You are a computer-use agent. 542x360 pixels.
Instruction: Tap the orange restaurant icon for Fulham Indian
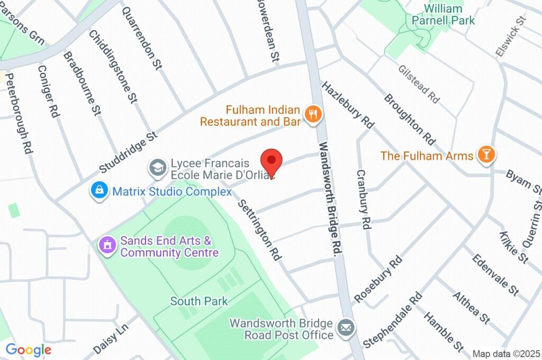pos(313,114)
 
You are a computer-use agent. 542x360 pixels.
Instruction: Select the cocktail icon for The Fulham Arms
pos(485,155)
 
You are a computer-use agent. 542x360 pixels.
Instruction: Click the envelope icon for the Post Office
pos(346,328)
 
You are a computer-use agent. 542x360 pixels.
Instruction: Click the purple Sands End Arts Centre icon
pos(108,246)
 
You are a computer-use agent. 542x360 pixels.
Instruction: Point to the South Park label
pos(199,301)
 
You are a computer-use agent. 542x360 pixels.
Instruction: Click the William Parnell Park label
pos(444,14)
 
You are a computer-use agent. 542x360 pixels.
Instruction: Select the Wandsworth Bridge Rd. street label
pos(329,199)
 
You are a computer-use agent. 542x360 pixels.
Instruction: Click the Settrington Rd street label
pos(259,229)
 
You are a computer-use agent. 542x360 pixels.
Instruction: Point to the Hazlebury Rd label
pos(347,105)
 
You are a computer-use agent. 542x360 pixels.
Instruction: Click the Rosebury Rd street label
pos(378,281)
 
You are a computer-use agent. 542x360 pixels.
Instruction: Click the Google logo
pos(28,350)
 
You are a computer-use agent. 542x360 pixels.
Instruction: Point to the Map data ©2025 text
pos(506,354)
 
